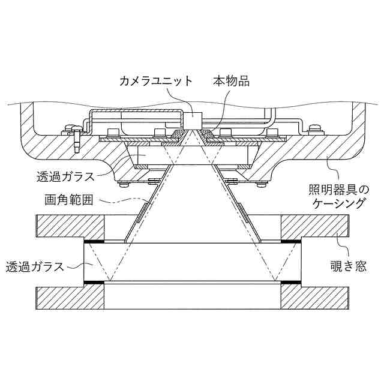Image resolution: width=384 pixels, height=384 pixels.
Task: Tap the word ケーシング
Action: [340, 203]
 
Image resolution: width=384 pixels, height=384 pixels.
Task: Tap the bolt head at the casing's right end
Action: [314, 127]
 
